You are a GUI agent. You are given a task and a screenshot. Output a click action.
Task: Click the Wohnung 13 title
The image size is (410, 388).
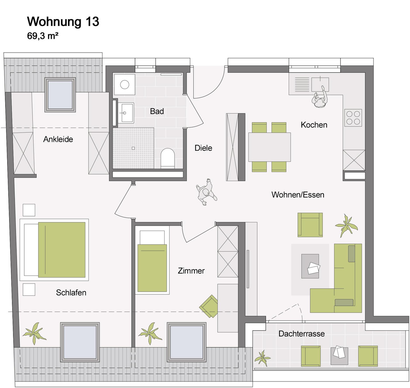click(63, 22)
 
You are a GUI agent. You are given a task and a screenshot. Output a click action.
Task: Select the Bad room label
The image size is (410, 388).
click(157, 111)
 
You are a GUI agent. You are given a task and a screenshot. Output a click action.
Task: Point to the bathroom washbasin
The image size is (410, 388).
click(126, 112)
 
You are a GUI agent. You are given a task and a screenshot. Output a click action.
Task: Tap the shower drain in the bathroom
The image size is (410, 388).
click(133, 148)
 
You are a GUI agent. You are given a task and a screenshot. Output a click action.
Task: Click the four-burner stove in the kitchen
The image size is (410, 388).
click(353, 117)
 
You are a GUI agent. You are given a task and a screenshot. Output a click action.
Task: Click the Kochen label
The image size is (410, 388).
click(314, 125)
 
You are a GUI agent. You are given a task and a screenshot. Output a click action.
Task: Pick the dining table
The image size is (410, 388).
click(269, 147)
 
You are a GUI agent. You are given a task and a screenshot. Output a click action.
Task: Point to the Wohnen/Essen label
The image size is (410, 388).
click(298, 195)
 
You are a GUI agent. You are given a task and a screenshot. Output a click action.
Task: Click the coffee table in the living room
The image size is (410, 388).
click(310, 266)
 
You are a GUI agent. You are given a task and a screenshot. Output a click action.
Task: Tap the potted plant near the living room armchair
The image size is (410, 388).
click(346, 225)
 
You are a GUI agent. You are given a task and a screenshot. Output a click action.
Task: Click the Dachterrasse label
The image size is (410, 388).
click(301, 334)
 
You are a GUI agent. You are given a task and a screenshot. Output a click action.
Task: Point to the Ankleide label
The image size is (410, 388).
click(58, 139)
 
